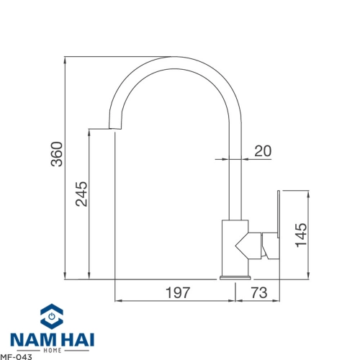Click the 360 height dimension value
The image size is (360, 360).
tap(57, 154)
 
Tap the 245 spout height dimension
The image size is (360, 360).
tap(81, 194)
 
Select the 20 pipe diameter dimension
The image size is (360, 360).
tap(263, 150)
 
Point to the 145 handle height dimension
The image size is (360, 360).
tap(301, 235)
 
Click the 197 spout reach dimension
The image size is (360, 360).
tap(178, 292)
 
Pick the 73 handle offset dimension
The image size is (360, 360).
tap(259, 292)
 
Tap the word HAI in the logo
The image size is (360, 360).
tap(76, 340)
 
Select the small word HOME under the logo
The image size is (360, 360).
tap(53, 351)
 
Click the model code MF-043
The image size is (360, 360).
tap(16, 357)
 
